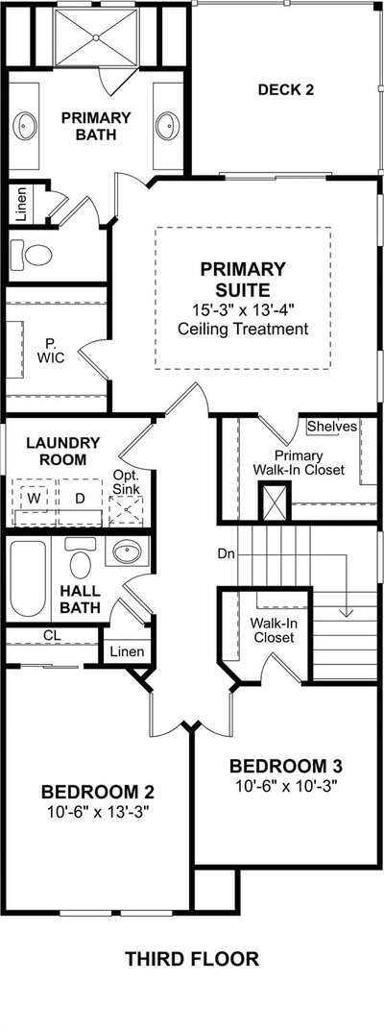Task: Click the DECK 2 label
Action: click(285, 90)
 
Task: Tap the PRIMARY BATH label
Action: click(96, 126)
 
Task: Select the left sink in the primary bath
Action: click(26, 126)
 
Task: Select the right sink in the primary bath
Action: click(167, 126)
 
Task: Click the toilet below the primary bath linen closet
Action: click(33, 255)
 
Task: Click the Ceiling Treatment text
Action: click(243, 328)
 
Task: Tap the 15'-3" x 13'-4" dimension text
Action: click(243, 308)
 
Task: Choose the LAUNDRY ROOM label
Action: click(63, 451)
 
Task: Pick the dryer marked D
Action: click(80, 498)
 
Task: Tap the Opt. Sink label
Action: click(126, 482)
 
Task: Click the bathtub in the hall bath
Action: click(28, 578)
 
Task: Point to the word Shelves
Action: click(332, 427)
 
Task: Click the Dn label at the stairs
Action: click(226, 553)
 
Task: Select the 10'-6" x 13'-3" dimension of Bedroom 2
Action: click(99, 812)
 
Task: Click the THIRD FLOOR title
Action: click(192, 959)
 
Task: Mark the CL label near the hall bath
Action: click(52, 635)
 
